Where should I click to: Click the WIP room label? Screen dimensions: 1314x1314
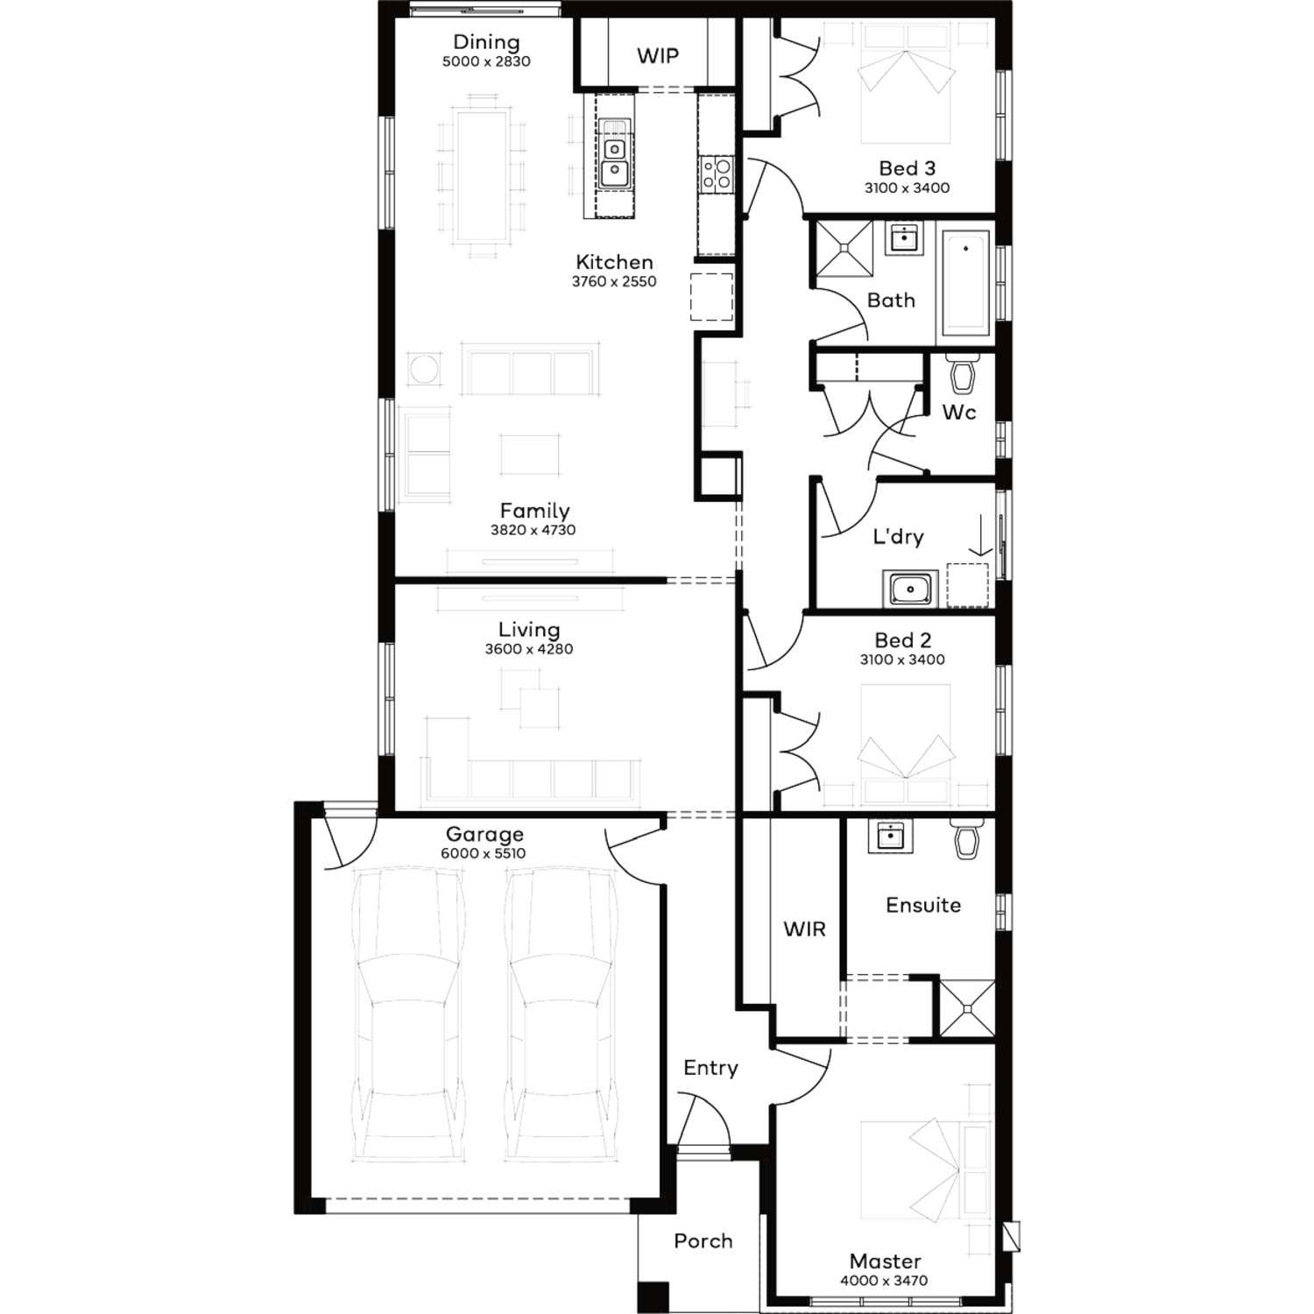click(x=657, y=56)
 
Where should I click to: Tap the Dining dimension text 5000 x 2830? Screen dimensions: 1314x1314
click(x=486, y=61)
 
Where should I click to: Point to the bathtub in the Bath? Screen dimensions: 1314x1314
click(x=965, y=282)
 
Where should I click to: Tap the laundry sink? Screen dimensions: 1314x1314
click(x=911, y=589)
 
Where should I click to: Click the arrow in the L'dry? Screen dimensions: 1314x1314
click(x=980, y=535)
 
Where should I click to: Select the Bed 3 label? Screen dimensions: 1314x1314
click(x=907, y=168)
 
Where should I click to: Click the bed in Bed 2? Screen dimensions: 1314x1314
click(x=906, y=745)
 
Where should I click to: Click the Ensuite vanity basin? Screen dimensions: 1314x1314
click(x=890, y=836)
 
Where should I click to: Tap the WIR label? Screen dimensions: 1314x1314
click(x=804, y=929)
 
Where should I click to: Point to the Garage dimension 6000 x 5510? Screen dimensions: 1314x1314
click(x=484, y=853)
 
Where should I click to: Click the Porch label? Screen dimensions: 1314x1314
click(x=703, y=1241)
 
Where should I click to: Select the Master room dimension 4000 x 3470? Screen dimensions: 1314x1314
click(x=884, y=1281)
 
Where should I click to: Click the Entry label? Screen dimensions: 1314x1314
click(x=710, y=1068)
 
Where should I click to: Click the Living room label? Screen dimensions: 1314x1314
click(x=529, y=630)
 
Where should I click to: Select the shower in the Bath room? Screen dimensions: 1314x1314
click(x=844, y=249)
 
